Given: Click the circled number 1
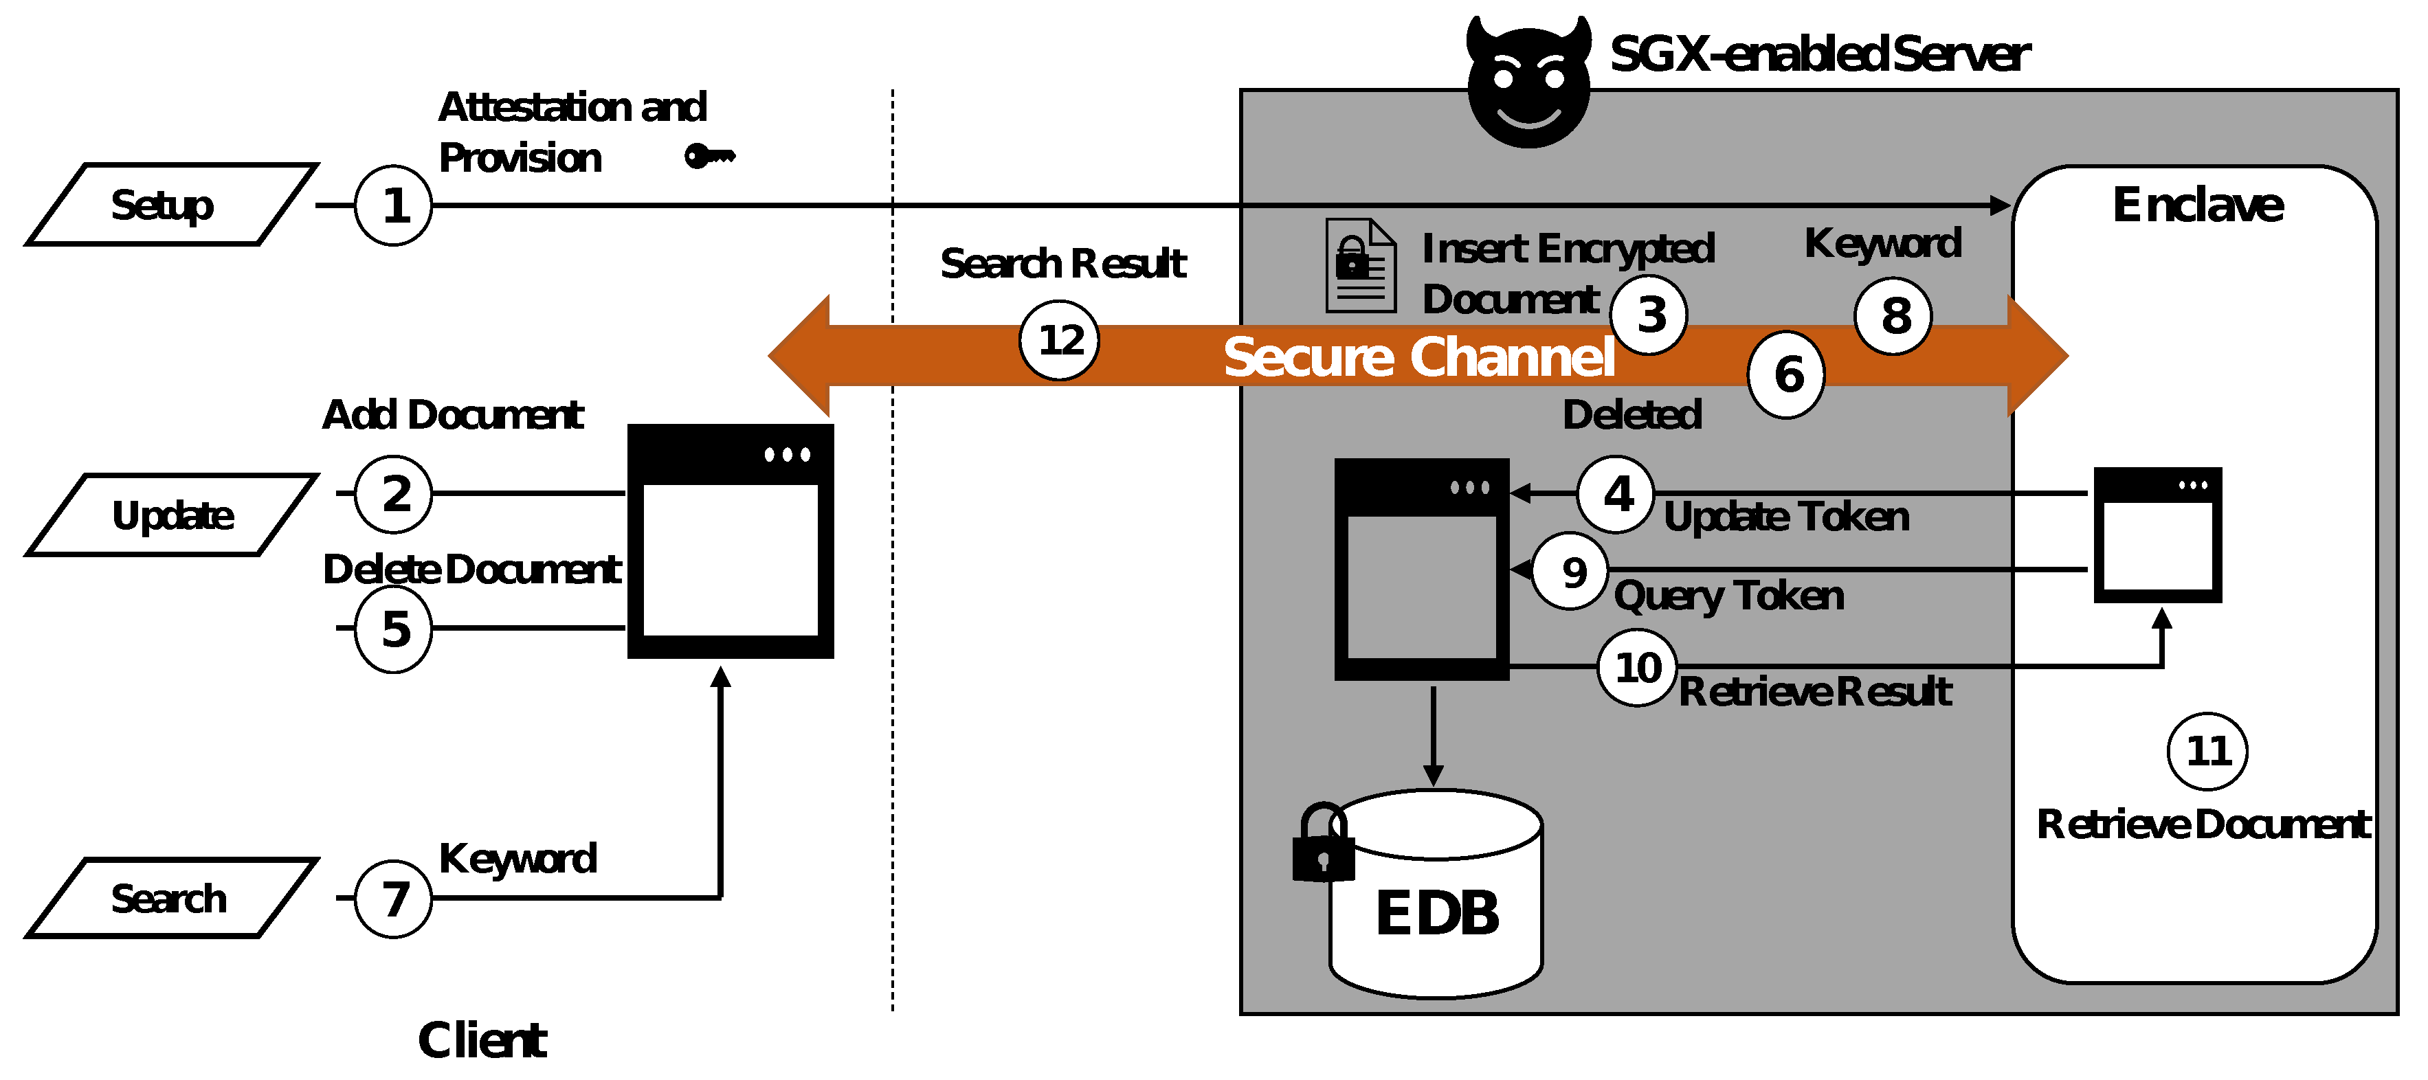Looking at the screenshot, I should click(393, 205).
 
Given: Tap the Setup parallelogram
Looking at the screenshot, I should click(170, 205).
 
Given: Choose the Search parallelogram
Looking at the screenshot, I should click(170, 898).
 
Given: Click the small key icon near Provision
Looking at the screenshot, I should click(709, 155).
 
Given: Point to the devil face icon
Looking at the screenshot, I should click(1528, 85).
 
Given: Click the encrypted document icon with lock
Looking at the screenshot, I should click(1359, 266).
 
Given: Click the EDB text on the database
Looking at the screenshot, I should click(1436, 912).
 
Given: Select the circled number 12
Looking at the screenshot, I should click(1060, 340).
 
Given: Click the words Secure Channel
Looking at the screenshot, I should click(1418, 357).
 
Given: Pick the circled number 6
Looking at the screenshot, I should click(1786, 374).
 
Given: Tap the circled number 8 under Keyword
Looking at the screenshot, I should click(1893, 316).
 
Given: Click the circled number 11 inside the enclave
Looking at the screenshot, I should click(2207, 751).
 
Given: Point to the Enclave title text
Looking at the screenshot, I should click(2197, 205).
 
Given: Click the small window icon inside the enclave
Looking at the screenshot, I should click(2157, 535).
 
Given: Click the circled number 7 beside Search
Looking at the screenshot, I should click(393, 898).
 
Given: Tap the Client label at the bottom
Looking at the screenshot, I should click(482, 1040).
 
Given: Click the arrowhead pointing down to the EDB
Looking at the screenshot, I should click(1433, 776).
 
